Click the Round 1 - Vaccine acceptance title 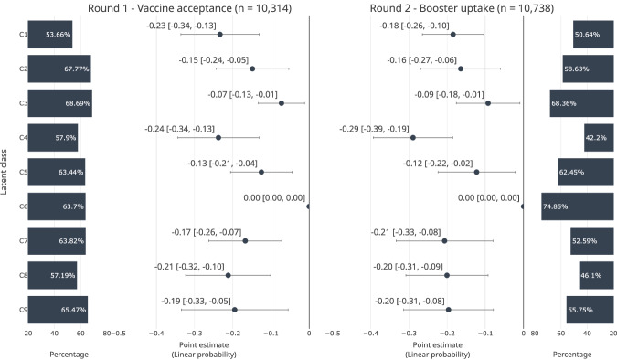[189, 8]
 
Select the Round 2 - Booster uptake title [462, 8]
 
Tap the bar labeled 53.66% [50, 34]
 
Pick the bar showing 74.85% [578, 206]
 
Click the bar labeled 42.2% [599, 138]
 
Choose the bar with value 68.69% [59, 103]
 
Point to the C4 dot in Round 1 [218, 138]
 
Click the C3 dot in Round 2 [488, 103]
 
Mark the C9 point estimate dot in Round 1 [235, 310]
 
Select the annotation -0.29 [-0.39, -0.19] [374, 129]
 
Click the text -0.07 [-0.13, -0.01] [243, 95]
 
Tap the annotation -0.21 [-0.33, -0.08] [406, 232]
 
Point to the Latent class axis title [4, 172]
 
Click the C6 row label [23, 206]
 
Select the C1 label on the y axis [23, 34]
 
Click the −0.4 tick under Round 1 [156, 334]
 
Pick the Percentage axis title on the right [572, 355]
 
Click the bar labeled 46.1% [596, 275]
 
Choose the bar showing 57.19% [52, 275]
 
